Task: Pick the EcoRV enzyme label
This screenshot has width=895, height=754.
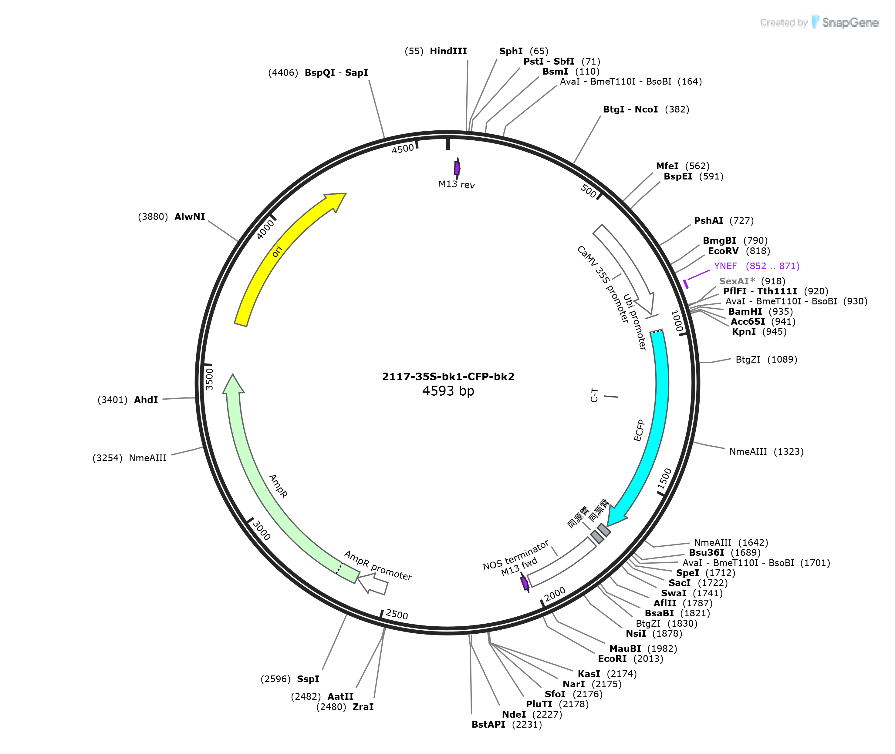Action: point(723,251)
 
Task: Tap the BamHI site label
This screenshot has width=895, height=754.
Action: point(745,312)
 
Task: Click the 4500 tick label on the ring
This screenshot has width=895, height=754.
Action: point(403,149)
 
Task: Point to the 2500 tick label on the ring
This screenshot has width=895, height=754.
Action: point(397,614)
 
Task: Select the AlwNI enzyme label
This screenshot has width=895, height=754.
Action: point(190,217)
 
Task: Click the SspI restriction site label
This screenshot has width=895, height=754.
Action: point(308,679)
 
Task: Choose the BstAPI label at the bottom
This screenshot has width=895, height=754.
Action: point(488,725)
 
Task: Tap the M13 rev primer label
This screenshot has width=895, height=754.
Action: point(457,184)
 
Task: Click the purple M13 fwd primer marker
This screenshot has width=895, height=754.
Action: point(525,583)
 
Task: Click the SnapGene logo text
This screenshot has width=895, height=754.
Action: point(850,23)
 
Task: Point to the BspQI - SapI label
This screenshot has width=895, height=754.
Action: point(336,73)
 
